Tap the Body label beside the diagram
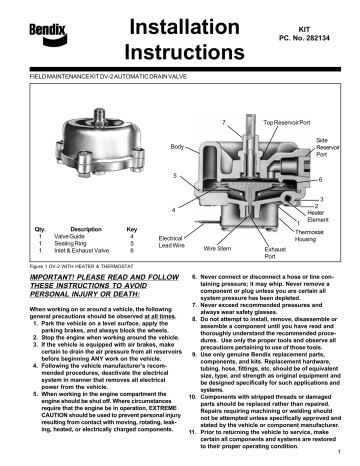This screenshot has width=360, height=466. click(177, 147)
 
